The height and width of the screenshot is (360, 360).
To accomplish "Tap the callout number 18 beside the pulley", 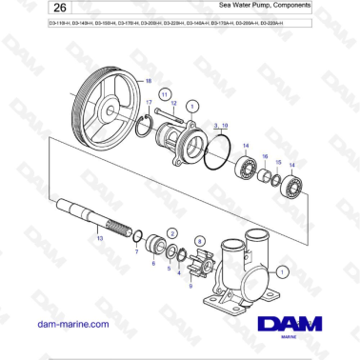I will tap(148, 81).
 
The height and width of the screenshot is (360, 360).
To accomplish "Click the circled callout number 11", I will tap(165, 95).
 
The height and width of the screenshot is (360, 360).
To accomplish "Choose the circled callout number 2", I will tap(171, 232).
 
